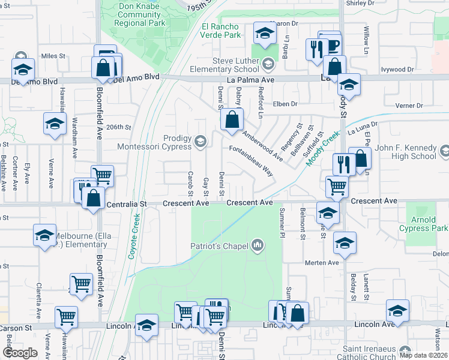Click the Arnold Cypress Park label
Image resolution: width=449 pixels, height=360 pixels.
(427, 224)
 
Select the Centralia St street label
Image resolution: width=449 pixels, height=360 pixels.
(127, 204)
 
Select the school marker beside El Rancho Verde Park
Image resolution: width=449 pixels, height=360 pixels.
(264, 34)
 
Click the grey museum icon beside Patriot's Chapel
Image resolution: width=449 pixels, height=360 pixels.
(258, 245)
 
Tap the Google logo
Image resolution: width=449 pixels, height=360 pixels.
(20, 352)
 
